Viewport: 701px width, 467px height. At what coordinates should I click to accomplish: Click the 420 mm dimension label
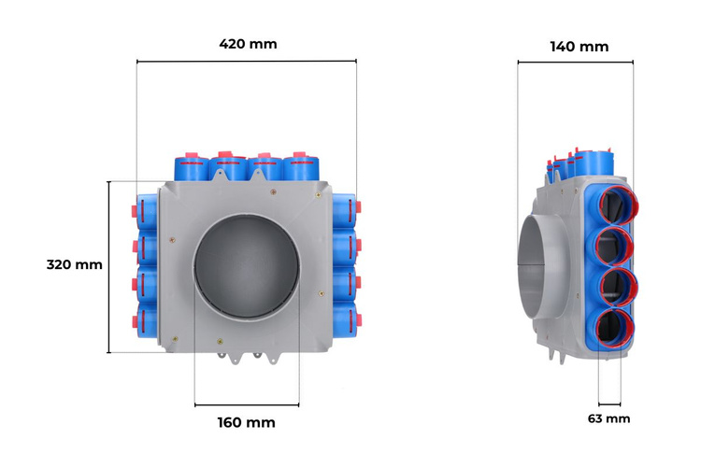[x=248, y=44]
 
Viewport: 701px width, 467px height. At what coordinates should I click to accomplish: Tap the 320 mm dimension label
[x=74, y=264]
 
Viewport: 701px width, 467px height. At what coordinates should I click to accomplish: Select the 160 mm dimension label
[x=247, y=422]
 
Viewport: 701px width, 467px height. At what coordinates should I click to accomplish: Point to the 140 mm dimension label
[x=579, y=47]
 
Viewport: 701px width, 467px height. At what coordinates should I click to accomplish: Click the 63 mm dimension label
[x=608, y=418]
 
